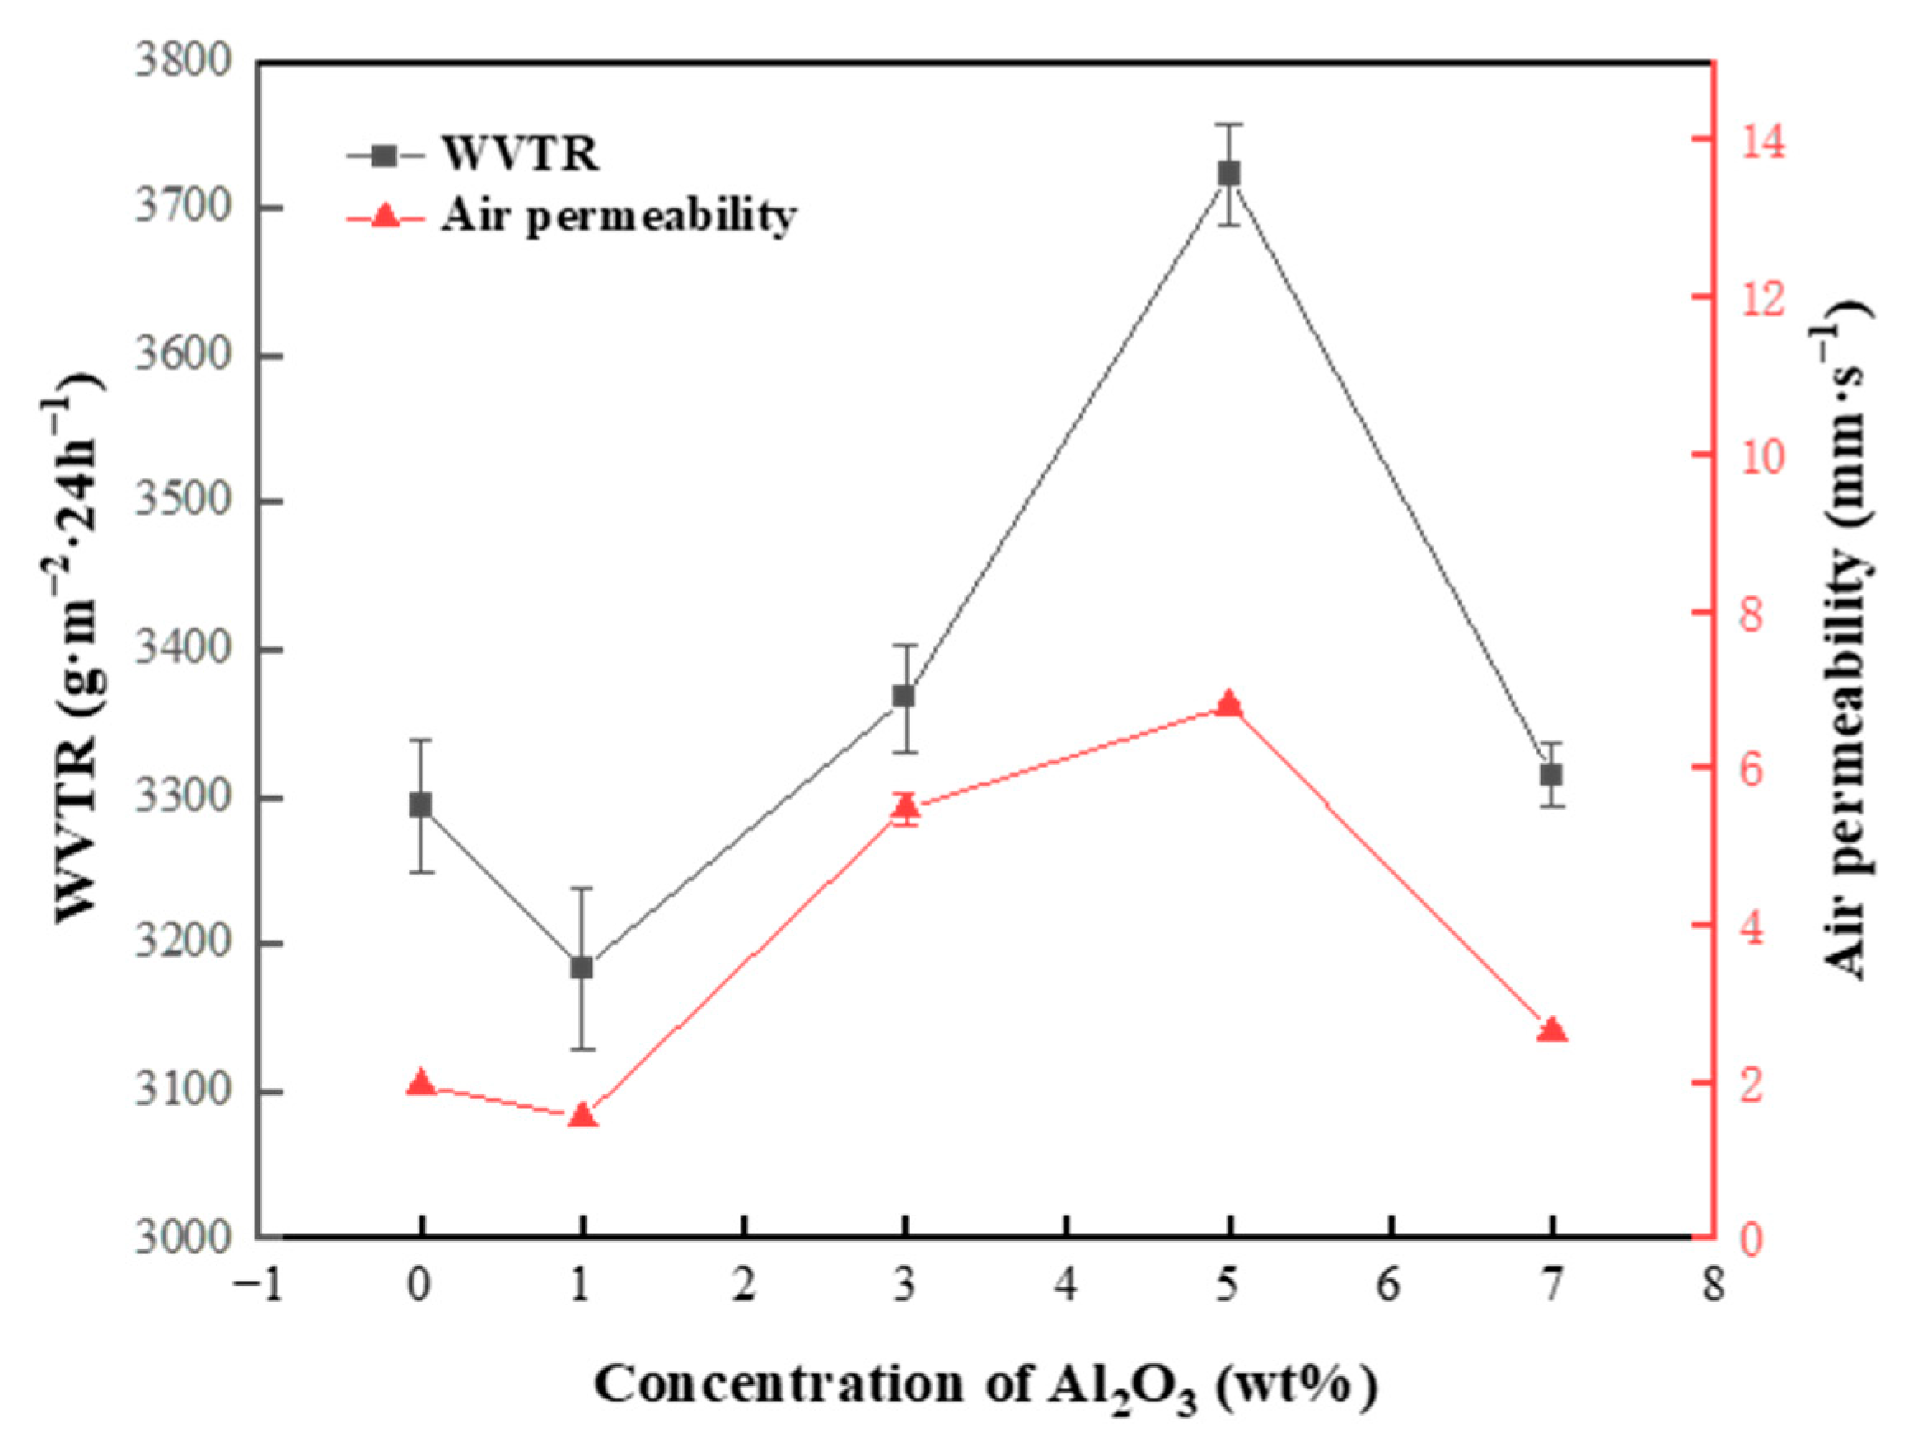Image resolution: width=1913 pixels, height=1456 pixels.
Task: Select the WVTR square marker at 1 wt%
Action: (x=582, y=967)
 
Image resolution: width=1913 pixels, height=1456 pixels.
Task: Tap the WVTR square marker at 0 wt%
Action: (x=420, y=805)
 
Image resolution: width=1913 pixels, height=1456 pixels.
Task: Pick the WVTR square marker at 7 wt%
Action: (x=1551, y=775)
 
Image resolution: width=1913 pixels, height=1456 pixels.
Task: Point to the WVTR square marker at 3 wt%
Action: (x=905, y=696)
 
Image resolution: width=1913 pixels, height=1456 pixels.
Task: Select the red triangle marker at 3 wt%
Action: (x=905, y=808)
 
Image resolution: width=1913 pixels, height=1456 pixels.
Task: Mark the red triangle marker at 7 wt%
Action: (x=1551, y=1030)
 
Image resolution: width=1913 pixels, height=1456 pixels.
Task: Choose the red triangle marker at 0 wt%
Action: (x=420, y=1082)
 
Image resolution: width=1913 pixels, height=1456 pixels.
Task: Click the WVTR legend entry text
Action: (x=520, y=155)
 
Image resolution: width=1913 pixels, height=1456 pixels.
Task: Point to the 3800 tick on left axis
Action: (x=183, y=63)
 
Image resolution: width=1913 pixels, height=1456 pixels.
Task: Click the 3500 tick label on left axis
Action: (x=183, y=502)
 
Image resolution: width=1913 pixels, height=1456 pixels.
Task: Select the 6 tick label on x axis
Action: (x=1390, y=1286)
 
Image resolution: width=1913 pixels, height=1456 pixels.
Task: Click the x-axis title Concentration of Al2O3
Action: (x=985, y=1385)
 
